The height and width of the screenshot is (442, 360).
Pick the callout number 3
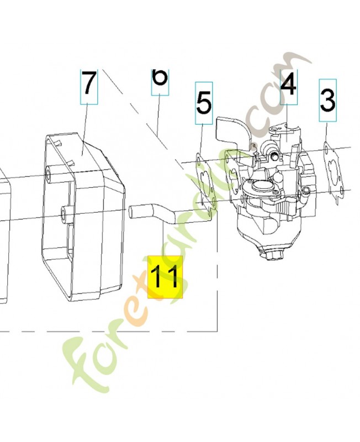pyautogui.click(x=327, y=101)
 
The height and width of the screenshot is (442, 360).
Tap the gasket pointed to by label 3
pyautogui.click(x=333, y=171)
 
